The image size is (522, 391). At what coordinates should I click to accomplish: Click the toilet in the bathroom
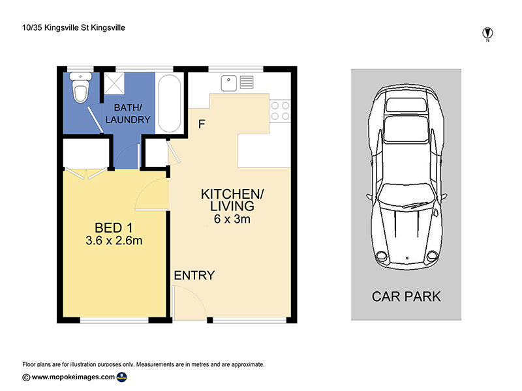(80, 87)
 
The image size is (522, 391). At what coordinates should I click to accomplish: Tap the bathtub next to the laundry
(170, 104)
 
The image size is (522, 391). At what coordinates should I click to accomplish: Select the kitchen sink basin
(229, 83)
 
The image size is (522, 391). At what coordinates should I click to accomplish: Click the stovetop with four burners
(280, 111)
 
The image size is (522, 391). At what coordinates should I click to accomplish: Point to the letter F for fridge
(202, 124)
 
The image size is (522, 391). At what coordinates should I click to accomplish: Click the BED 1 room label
(114, 228)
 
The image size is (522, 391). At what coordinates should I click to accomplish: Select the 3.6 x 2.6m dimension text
(114, 240)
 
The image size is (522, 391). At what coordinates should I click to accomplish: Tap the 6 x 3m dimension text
(232, 219)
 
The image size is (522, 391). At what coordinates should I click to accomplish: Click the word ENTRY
(194, 275)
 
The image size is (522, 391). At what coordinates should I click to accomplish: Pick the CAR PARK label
(406, 297)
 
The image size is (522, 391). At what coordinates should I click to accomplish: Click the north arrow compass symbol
(487, 34)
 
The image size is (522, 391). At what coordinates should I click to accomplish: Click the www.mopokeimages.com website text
(73, 377)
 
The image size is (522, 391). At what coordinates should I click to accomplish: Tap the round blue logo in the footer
(122, 377)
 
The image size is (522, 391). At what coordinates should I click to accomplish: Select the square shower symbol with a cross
(114, 83)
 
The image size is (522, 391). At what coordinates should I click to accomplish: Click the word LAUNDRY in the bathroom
(128, 120)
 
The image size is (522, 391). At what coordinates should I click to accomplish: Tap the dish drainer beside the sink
(247, 82)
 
